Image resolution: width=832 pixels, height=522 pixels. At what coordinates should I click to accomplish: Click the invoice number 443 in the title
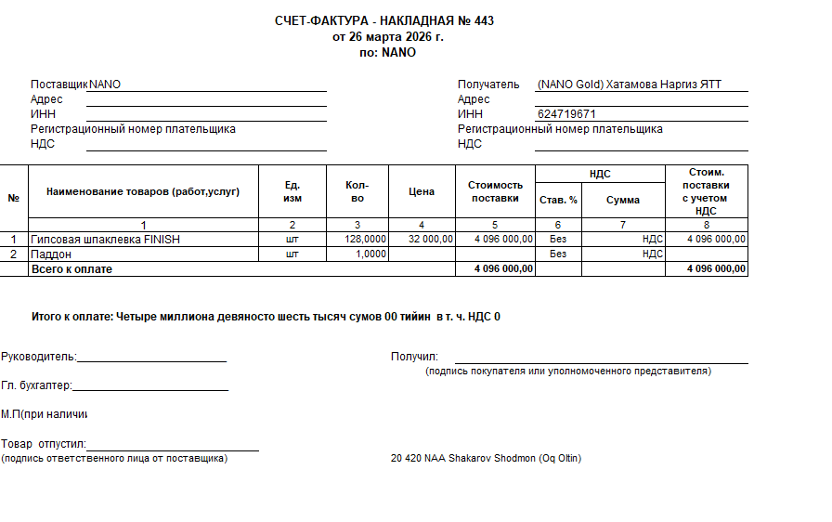(484, 21)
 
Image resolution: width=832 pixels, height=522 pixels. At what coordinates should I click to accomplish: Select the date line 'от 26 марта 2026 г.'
(388, 37)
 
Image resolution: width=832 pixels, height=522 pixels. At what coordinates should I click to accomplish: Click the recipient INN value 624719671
(566, 114)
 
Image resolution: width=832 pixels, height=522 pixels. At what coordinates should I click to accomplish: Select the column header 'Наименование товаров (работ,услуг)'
(143, 191)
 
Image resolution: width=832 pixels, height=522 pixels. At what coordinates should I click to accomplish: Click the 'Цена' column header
(421, 191)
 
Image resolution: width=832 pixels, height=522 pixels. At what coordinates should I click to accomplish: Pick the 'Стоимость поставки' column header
(495, 191)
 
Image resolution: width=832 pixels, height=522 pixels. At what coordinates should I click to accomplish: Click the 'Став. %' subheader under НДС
(558, 200)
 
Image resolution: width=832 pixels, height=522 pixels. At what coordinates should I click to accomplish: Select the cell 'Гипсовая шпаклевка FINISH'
(105, 240)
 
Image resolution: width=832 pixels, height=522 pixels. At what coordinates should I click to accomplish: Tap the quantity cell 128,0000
(365, 240)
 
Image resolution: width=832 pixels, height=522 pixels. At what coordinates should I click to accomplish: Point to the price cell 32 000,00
(430, 240)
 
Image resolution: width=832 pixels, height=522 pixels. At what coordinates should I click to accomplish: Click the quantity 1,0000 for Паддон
(371, 254)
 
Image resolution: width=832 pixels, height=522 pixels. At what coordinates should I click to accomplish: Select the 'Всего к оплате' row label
(71, 268)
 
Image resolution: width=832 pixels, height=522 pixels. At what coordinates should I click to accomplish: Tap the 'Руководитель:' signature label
(39, 356)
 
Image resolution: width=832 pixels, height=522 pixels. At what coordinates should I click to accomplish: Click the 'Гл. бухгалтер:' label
(36, 385)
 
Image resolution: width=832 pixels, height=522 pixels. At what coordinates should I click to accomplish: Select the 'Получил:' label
(414, 356)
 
